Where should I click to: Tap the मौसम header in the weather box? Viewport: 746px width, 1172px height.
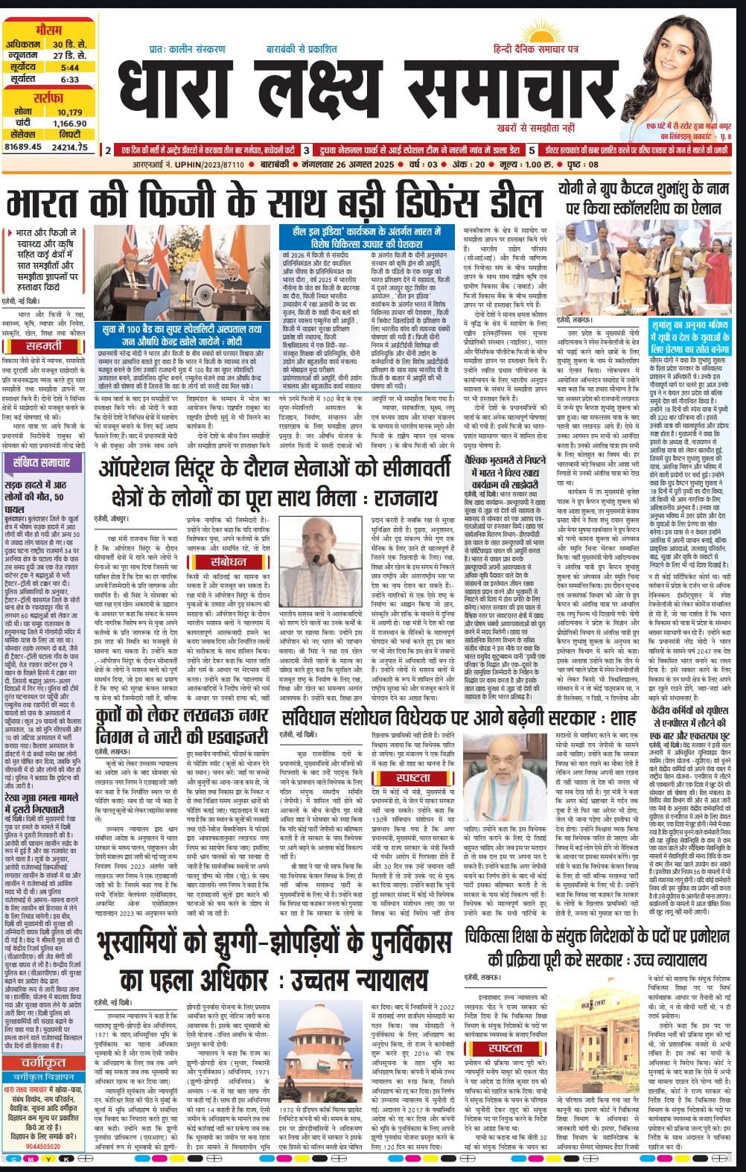pyautogui.click(x=49, y=30)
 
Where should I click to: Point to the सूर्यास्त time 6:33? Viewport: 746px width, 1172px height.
pyautogui.click(x=71, y=79)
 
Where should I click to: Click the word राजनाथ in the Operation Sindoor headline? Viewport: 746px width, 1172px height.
pyautogui.click(x=398, y=497)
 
